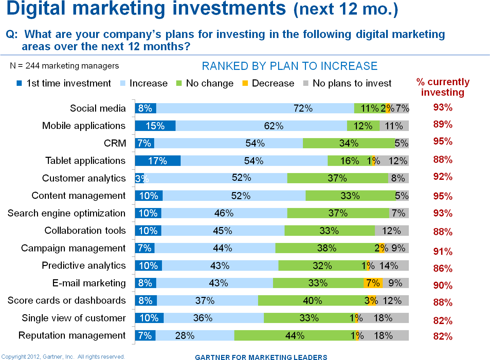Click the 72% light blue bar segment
click(x=255, y=108)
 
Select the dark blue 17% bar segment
click(x=158, y=161)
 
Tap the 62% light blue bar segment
click(x=261, y=126)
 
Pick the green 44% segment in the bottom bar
click(x=295, y=336)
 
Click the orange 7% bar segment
click(x=373, y=283)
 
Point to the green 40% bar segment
click(x=312, y=301)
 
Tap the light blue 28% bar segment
click(x=195, y=336)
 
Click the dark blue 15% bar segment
click(x=155, y=126)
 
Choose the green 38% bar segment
click(x=327, y=248)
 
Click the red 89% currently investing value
click(x=442, y=125)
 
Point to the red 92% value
click(x=442, y=177)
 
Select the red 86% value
click(x=442, y=269)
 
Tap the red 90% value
click(x=442, y=286)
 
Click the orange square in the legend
click(x=245, y=83)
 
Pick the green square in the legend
click(x=179, y=83)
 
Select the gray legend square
click(x=306, y=83)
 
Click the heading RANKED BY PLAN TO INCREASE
click(x=290, y=66)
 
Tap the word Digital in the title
click(x=36, y=8)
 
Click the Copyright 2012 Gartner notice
click(x=63, y=357)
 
